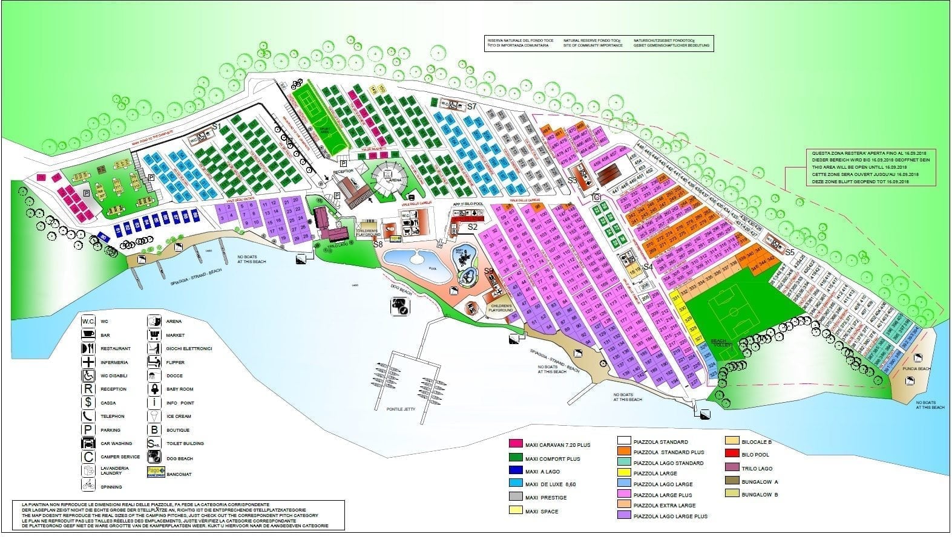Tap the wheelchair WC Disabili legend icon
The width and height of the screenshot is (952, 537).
(x=88, y=376)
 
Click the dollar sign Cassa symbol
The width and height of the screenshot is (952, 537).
(x=88, y=403)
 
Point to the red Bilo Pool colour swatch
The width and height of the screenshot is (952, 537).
(x=732, y=455)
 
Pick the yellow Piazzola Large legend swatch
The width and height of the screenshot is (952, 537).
(x=624, y=474)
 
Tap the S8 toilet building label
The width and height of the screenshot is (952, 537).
(x=378, y=244)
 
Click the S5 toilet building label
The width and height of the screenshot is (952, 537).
(x=790, y=252)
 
